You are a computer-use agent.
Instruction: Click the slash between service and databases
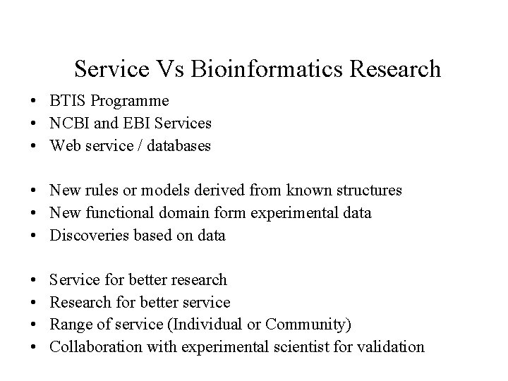coord(135,146)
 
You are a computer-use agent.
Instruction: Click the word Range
coord(70,325)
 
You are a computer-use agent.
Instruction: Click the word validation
coord(390,346)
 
